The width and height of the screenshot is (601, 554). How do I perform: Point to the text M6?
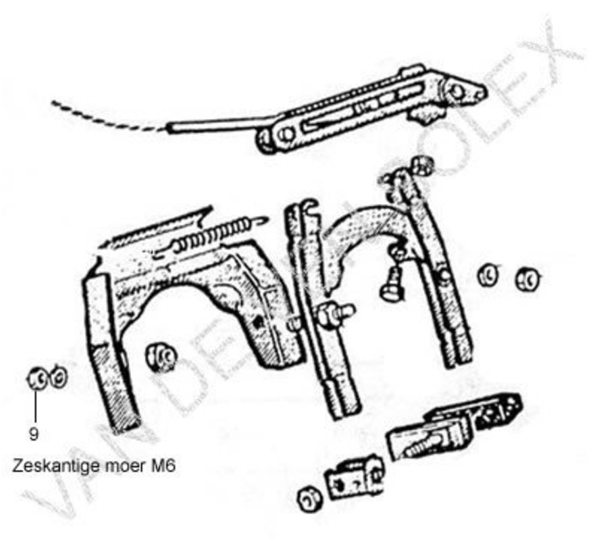coord(162,466)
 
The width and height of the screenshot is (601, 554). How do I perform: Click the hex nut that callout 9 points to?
coord(36,380)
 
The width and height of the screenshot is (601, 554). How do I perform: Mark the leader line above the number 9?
coord(34,405)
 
